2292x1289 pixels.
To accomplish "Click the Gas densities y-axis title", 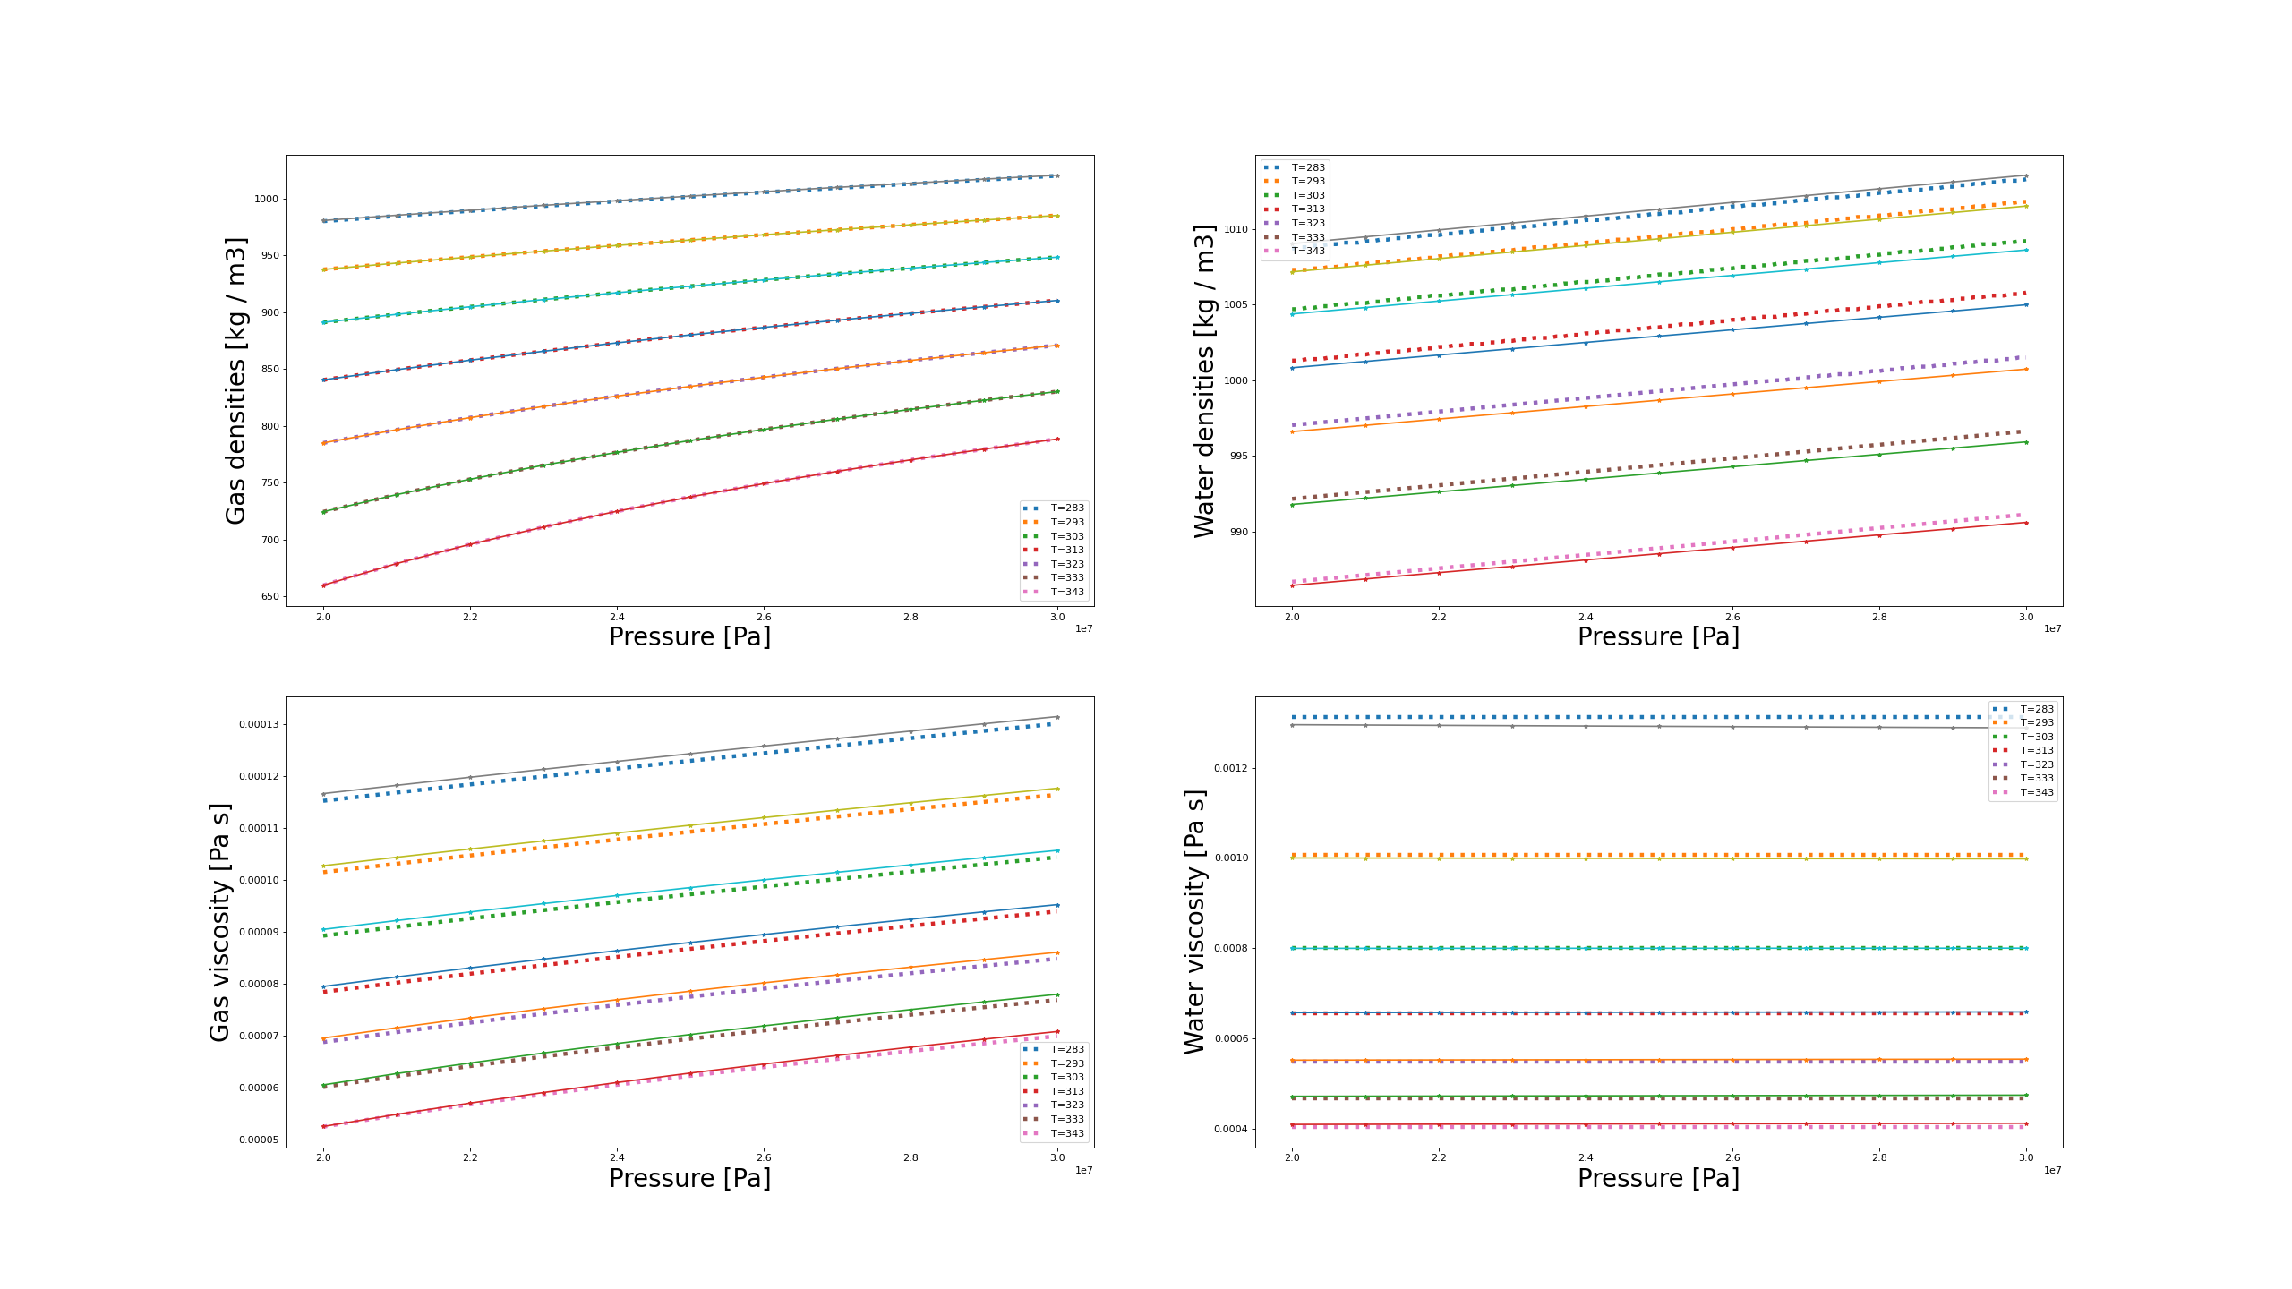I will point(235,380).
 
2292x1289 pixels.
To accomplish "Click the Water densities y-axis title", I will point(1204,380).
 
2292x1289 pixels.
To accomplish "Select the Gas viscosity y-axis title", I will point(219,922).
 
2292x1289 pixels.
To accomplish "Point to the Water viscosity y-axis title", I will point(1194,922).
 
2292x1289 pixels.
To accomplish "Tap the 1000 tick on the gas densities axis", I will point(266,199).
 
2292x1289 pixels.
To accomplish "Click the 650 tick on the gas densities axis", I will point(269,596).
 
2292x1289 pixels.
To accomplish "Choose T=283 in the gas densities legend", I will point(1066,508).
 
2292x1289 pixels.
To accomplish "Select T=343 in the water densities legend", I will point(1307,252).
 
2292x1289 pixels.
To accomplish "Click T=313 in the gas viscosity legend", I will point(1066,1091).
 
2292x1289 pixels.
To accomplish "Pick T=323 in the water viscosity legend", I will point(2037,764).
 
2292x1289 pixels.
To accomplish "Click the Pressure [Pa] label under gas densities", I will point(689,636).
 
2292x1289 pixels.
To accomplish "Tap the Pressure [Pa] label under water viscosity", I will point(1658,1178).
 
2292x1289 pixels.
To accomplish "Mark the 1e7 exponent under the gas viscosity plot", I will point(1083,1170).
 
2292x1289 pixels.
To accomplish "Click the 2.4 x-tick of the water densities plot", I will point(1586,617).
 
